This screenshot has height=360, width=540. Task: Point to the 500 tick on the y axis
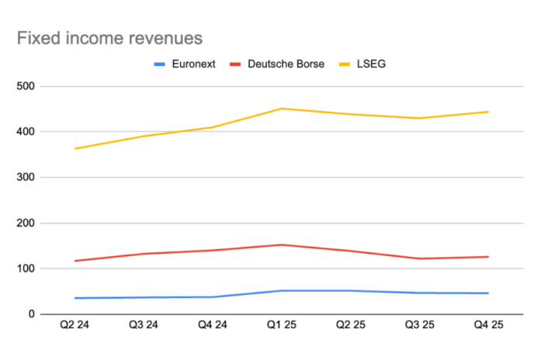click(28, 86)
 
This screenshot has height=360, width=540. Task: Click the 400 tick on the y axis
click(28, 132)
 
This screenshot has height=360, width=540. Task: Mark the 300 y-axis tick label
click(28, 178)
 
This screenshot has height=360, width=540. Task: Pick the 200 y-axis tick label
click(28, 223)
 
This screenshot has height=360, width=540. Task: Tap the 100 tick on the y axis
click(28, 268)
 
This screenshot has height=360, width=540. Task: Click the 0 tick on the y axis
click(33, 314)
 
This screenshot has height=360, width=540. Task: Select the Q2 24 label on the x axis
click(74, 326)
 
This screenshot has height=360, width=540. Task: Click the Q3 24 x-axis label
click(144, 326)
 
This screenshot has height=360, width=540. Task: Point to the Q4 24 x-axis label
click(212, 326)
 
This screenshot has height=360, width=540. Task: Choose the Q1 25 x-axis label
click(281, 326)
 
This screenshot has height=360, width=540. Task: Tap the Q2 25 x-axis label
click(350, 326)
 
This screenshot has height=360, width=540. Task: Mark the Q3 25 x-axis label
click(419, 326)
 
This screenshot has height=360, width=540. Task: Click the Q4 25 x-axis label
click(487, 326)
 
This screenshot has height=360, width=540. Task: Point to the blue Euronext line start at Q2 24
click(74, 298)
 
